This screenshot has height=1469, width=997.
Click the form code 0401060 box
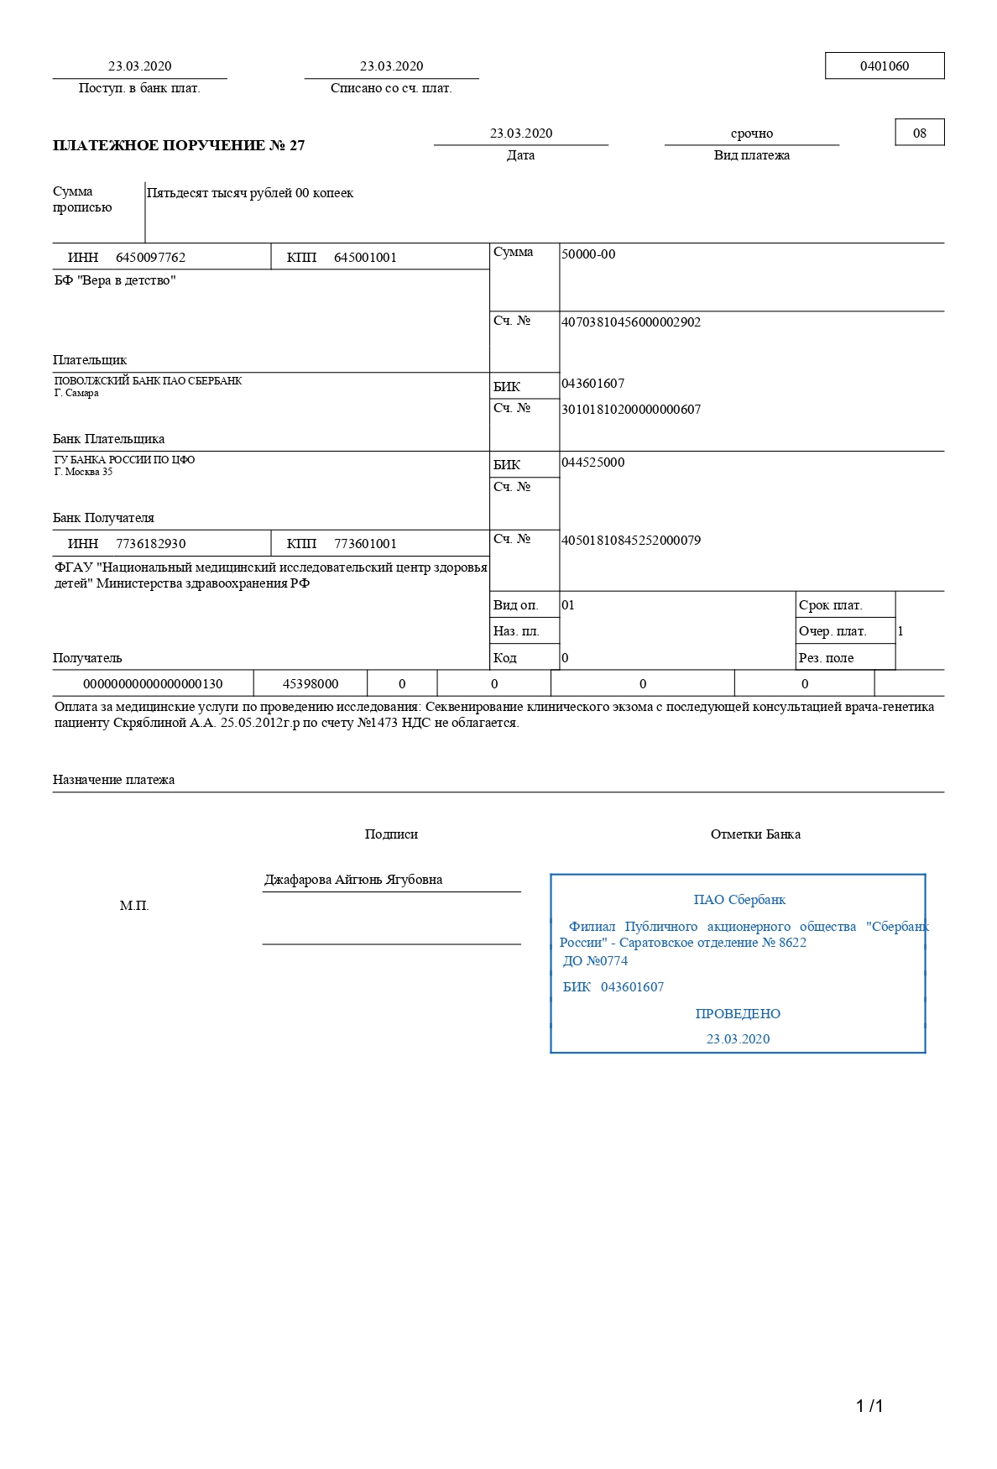[x=885, y=66]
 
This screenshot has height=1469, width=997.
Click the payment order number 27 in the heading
[x=297, y=145]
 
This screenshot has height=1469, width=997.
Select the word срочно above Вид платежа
[x=751, y=133]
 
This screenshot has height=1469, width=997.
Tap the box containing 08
[x=920, y=133]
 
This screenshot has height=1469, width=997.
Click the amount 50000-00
[x=588, y=254]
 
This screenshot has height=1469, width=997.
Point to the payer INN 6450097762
[x=150, y=258]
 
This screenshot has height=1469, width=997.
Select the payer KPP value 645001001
[x=365, y=258]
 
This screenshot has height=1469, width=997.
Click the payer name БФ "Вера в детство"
[x=115, y=280]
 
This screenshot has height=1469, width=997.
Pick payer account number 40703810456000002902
[x=631, y=322]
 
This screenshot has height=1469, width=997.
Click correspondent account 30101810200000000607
[x=631, y=410]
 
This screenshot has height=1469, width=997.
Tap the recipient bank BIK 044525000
[x=593, y=463]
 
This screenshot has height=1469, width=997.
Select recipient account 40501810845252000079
[x=631, y=541]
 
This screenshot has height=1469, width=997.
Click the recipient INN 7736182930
[x=150, y=544]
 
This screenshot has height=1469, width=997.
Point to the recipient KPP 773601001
[x=365, y=544]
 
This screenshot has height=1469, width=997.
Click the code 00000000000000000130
[x=153, y=684]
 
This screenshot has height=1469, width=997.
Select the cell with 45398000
[x=311, y=684]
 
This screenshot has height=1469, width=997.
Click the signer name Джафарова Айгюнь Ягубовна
[x=353, y=880]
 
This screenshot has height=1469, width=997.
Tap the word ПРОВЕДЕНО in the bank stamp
[x=738, y=1014]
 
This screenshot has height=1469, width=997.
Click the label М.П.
[x=134, y=906]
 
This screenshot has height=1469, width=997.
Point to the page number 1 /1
[x=869, y=1406]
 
